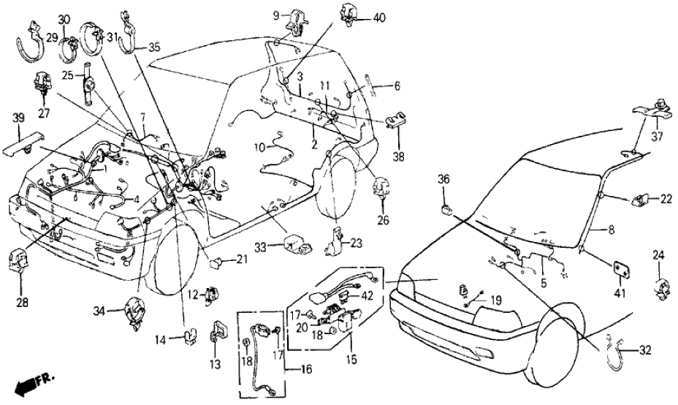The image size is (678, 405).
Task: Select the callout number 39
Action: pos(19,118)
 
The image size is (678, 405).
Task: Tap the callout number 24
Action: pos(660,255)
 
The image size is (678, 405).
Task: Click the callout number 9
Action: pos(277,14)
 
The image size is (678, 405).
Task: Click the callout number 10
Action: pos(260,148)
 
